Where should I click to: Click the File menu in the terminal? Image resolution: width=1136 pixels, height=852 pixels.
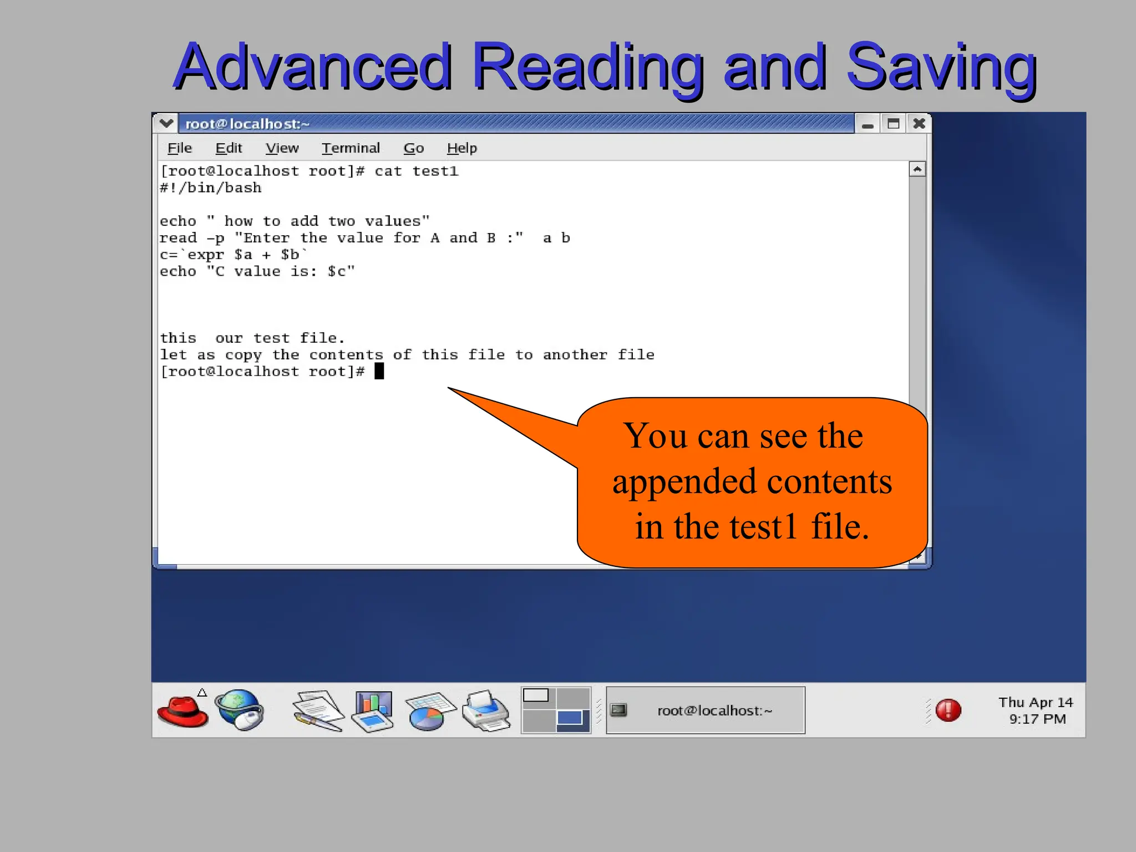pyautogui.click(x=179, y=148)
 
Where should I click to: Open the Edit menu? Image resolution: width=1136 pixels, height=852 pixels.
pyautogui.click(x=229, y=148)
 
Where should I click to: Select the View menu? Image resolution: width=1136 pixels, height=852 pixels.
pyautogui.click(x=282, y=148)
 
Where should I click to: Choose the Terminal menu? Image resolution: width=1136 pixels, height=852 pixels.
pyautogui.click(x=351, y=148)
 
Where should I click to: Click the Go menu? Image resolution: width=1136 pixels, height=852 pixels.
pyautogui.click(x=413, y=148)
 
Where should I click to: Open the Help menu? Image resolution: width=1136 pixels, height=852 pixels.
pyautogui.click(x=461, y=148)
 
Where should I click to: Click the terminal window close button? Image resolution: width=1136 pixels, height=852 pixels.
pyautogui.click(x=919, y=124)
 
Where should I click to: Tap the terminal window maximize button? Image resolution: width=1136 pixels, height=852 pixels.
pyautogui.click(x=893, y=124)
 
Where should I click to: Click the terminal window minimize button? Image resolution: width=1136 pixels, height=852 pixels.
pyautogui.click(x=868, y=124)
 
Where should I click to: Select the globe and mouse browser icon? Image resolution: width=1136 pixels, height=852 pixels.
pyautogui.click(x=240, y=710)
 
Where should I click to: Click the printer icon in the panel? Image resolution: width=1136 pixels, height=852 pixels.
pyautogui.click(x=485, y=711)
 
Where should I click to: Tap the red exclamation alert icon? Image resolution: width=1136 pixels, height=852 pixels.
pyautogui.click(x=948, y=710)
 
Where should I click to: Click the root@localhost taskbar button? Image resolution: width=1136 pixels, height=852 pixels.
pyautogui.click(x=705, y=711)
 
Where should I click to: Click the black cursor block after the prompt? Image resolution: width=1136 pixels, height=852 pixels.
pyautogui.click(x=379, y=371)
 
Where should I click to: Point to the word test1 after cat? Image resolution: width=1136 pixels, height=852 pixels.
pyautogui.click(x=435, y=171)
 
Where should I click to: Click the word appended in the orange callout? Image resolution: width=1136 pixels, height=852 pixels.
pyautogui.click(x=684, y=481)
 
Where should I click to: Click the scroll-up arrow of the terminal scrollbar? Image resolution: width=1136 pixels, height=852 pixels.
pyautogui.click(x=917, y=169)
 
